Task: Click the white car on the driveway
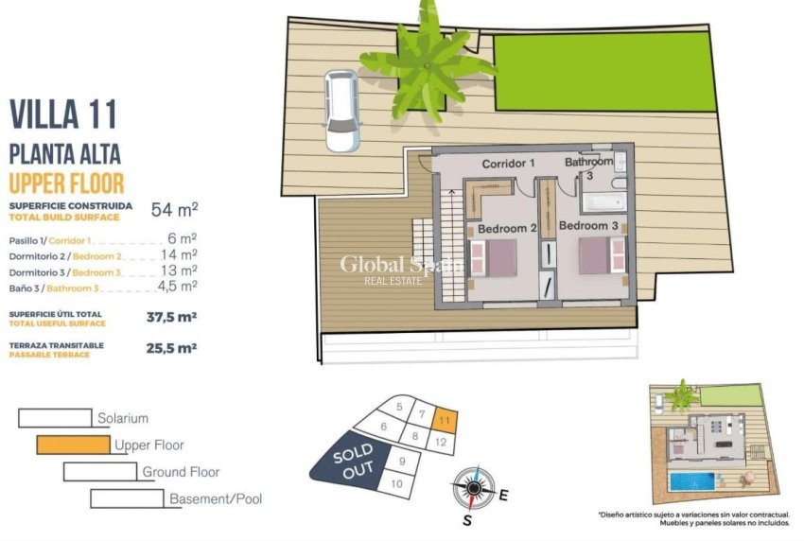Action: click(341, 110)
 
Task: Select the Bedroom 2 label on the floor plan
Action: click(507, 228)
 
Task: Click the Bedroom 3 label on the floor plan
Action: click(588, 226)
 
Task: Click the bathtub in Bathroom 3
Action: click(597, 201)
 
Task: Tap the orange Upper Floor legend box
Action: click(73, 444)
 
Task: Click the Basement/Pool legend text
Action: click(216, 498)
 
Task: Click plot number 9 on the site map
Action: click(402, 462)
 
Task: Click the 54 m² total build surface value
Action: click(174, 209)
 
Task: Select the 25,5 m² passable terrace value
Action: click(172, 348)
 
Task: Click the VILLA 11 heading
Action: click(63, 114)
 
